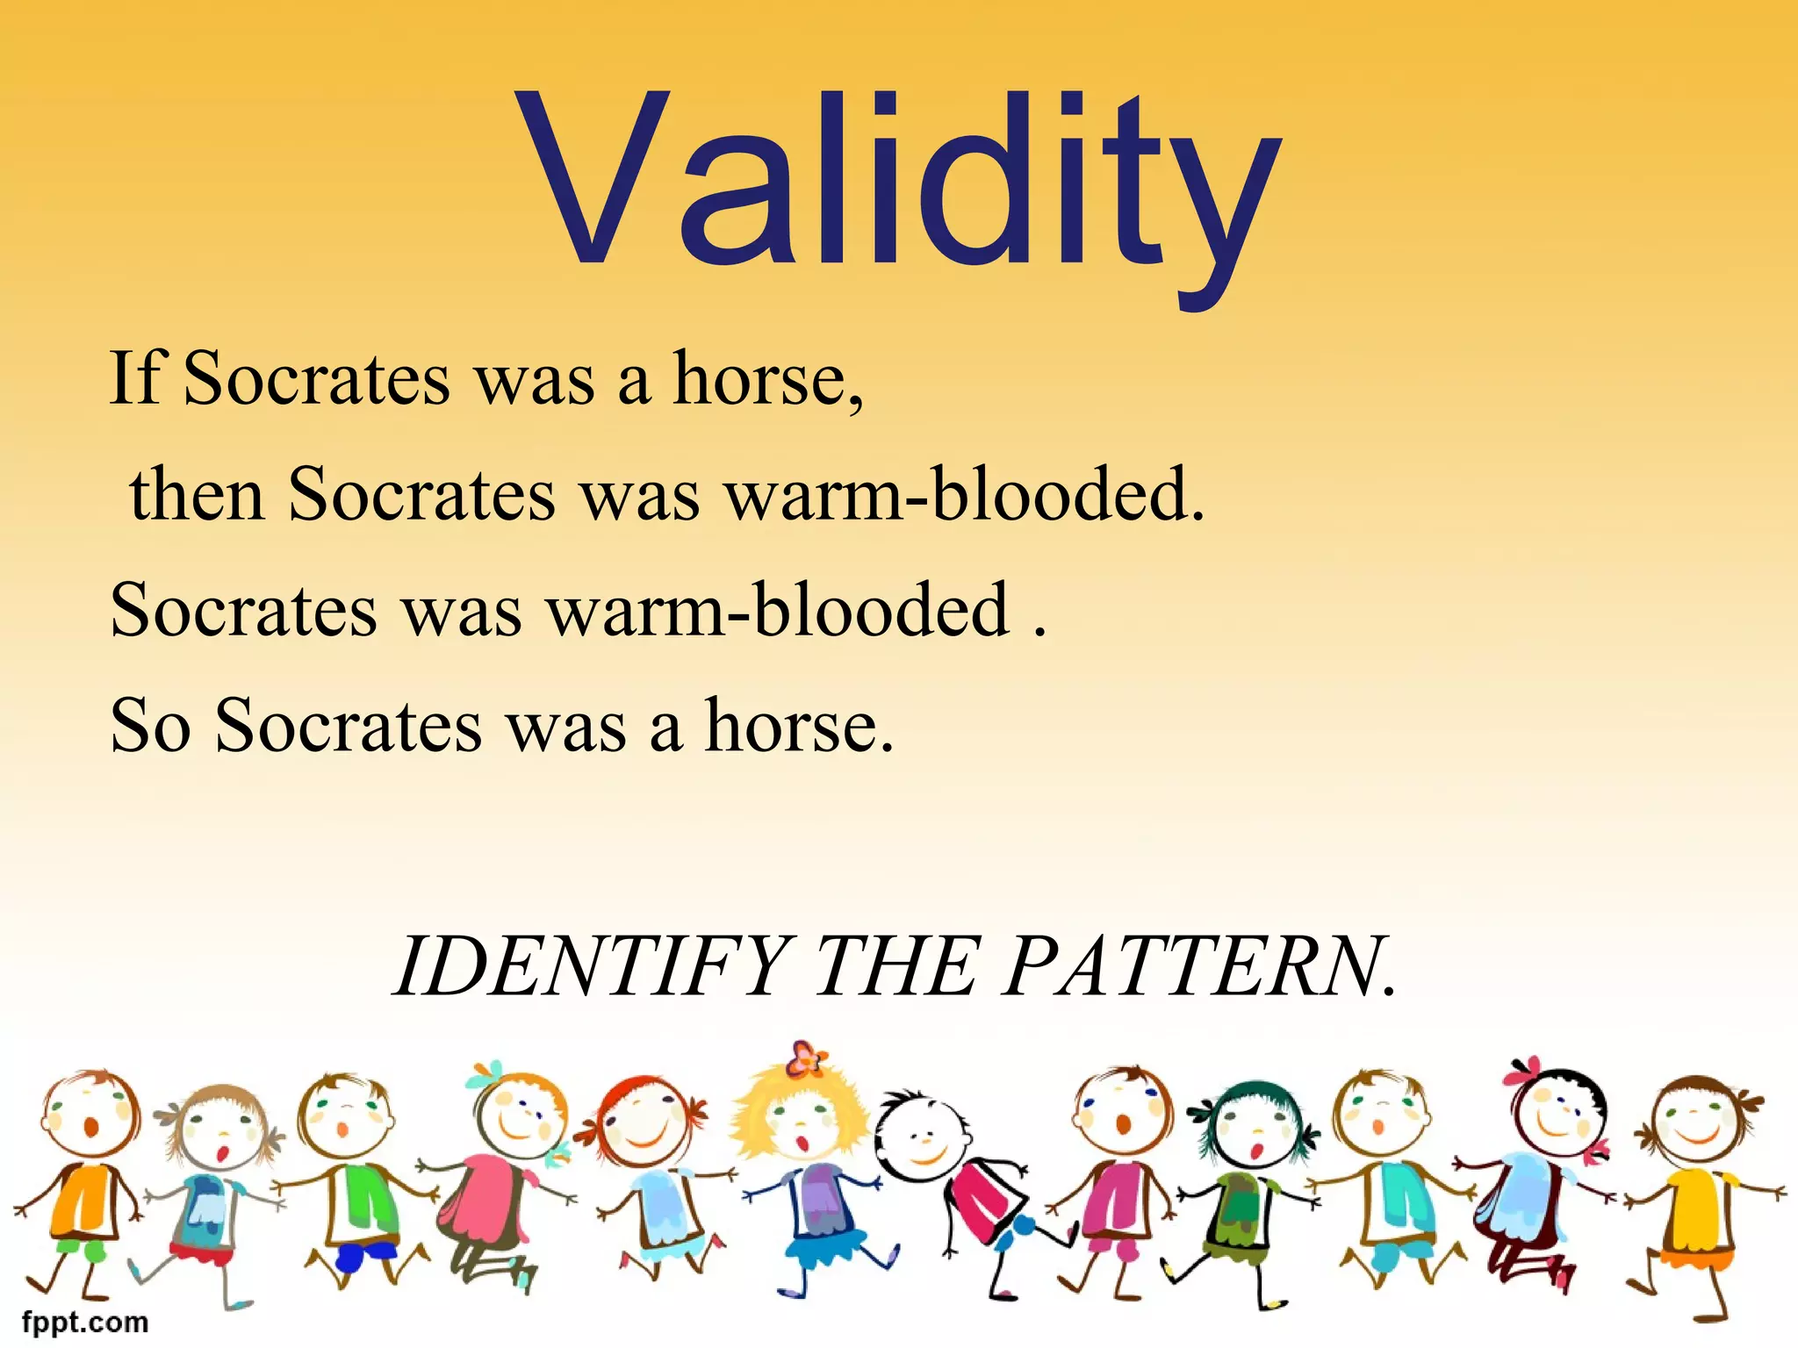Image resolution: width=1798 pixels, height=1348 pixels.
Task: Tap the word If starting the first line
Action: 137,378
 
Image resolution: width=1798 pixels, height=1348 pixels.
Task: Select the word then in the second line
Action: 197,495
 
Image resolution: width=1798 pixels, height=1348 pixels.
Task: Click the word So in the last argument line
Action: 150,726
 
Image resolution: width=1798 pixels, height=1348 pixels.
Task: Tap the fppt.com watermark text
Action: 85,1322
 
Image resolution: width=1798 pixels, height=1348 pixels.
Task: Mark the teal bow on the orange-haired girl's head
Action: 485,1074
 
